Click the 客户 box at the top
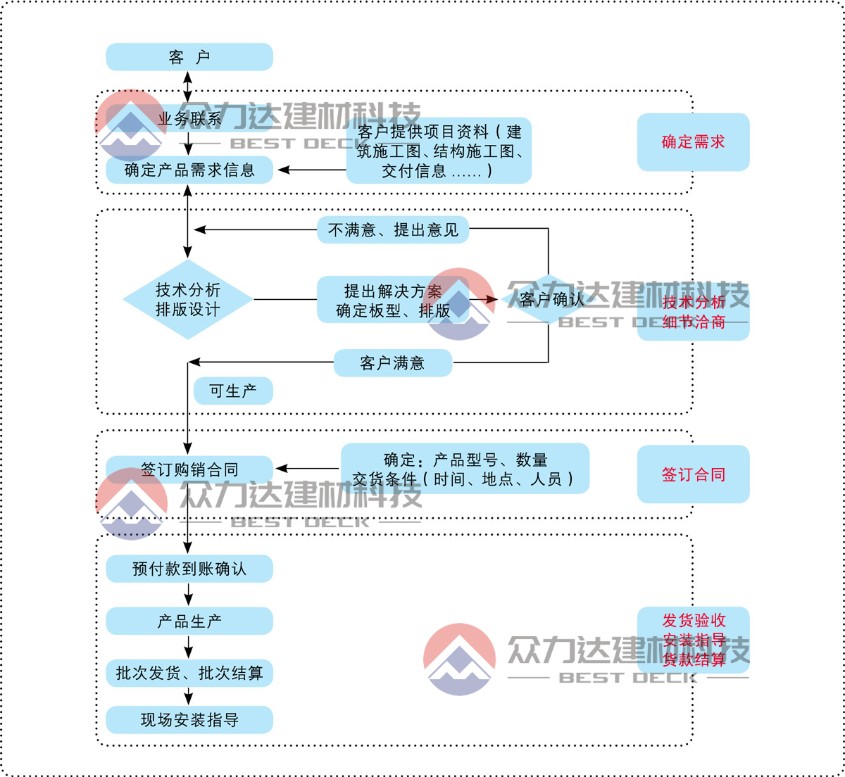tap(189, 57)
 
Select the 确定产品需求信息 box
tap(189, 170)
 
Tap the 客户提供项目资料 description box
tap(439, 151)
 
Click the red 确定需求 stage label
tap(693, 142)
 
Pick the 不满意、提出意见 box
tap(393, 230)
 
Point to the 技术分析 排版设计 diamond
tap(188, 300)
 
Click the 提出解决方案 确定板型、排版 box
tap(392, 301)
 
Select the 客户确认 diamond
tap(551, 300)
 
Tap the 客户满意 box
tap(392, 363)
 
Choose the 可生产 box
tap(233, 391)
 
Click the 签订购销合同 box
tap(189, 469)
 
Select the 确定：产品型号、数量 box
tap(465, 469)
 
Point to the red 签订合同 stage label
tap(693, 474)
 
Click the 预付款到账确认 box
tap(189, 569)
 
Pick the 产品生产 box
tap(189, 621)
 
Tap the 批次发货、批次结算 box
tap(189, 674)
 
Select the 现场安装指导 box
tap(189, 720)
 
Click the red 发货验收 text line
tap(694, 621)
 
